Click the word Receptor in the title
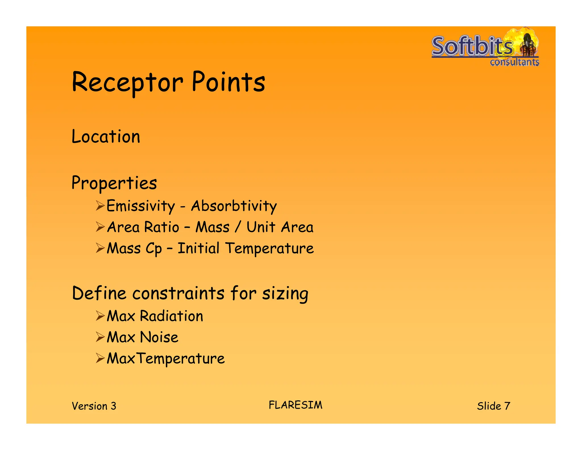(127, 83)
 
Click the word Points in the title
(228, 82)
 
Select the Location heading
(106, 137)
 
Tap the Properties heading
(114, 183)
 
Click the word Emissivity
(141, 206)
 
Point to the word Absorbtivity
(234, 206)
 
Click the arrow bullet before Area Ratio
(100, 227)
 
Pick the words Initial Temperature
(246, 248)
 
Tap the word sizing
(285, 294)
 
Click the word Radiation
(171, 316)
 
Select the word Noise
(159, 337)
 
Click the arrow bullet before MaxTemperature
(100, 358)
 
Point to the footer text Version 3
(94, 406)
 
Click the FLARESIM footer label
(296, 405)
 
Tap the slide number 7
(507, 406)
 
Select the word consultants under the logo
(514, 62)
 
